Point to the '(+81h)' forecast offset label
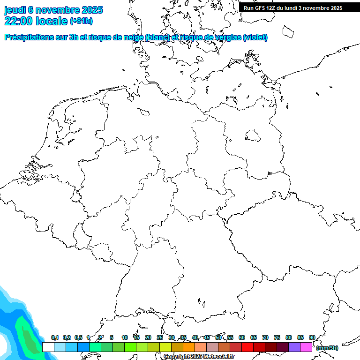tap(81, 21)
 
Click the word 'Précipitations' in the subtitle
tap(32, 37)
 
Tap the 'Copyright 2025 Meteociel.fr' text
tap(199, 357)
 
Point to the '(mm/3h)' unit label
tap(327, 348)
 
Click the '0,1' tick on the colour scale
tap(54, 338)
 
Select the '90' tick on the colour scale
tap(312, 338)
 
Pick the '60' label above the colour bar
tap(242, 338)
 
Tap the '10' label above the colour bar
tap(125, 338)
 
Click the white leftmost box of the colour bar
tap(48, 347)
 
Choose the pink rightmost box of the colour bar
tap(306, 347)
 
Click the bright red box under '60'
tap(247, 347)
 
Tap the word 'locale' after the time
tap(52, 21)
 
